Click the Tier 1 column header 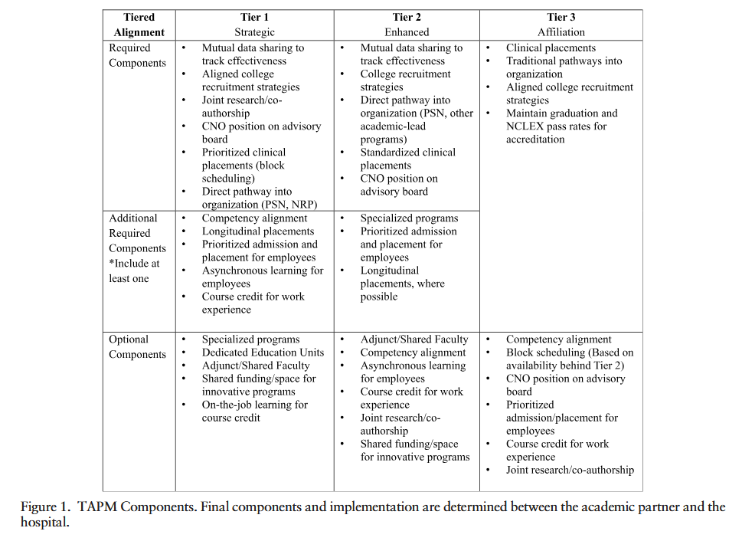click(254, 18)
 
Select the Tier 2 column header click(407, 18)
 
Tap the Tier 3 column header click(561, 18)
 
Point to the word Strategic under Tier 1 click(254, 32)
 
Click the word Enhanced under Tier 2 click(407, 32)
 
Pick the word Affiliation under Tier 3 click(561, 32)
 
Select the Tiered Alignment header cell click(139, 25)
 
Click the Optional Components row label click(137, 346)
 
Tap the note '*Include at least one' click(134, 270)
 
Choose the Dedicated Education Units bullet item click(263, 352)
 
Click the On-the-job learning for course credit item click(254, 411)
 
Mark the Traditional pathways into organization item click(564, 67)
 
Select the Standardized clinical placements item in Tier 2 click(407, 159)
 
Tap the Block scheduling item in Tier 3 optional click(570, 359)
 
